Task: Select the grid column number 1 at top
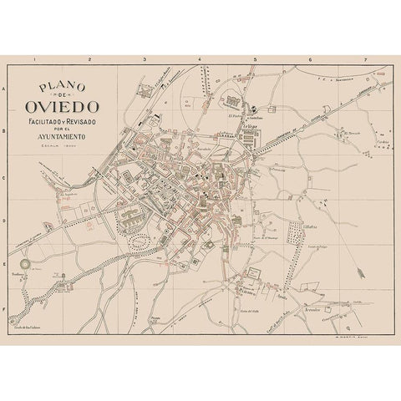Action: (33, 60)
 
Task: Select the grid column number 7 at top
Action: (364, 60)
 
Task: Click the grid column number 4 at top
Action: (199, 60)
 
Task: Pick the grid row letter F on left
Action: (6, 308)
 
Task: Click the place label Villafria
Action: (308, 225)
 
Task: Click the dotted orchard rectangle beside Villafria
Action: (295, 233)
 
